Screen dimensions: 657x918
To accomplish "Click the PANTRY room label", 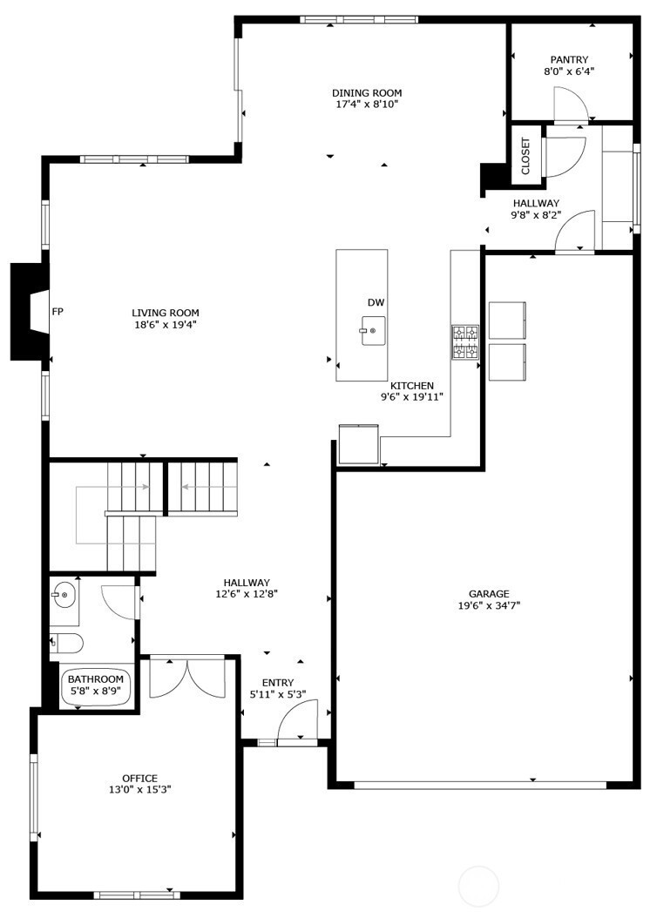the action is tap(569, 60).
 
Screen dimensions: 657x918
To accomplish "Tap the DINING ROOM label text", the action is tap(367, 93).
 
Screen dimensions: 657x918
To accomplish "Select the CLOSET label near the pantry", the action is tap(525, 156).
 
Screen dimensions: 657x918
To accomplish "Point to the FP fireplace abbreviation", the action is tap(58, 312).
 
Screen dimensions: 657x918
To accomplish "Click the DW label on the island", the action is tap(376, 303).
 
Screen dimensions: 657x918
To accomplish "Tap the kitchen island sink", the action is tap(373, 331).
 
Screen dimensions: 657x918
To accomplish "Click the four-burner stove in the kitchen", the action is tap(465, 342).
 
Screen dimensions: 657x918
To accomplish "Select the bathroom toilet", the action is tap(65, 644).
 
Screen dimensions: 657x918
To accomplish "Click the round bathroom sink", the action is tap(64, 595).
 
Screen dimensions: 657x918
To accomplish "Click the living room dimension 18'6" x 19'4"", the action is tap(166, 324).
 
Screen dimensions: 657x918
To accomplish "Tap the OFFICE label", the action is tap(140, 779).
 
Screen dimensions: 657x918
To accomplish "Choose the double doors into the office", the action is tap(187, 678).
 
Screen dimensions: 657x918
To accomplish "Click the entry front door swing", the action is tap(297, 720).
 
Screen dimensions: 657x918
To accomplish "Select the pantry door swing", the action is tap(571, 104).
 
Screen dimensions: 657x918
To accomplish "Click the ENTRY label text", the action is tap(278, 683).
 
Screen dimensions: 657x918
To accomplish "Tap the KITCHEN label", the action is tap(412, 386).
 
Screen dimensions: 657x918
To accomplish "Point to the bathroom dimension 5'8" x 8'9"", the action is tap(96, 691).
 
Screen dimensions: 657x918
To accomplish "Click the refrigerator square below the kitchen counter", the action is tap(359, 444).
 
